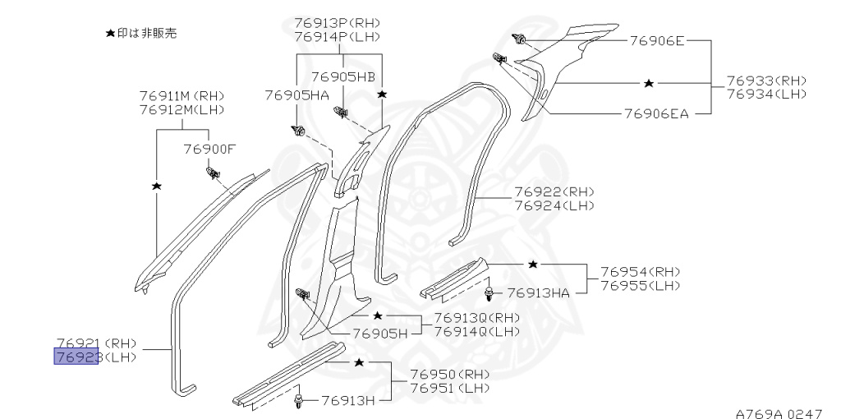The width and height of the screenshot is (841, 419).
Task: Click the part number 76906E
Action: (657, 41)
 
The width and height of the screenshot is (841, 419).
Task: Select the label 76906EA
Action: (656, 113)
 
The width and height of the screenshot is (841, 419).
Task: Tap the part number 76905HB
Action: (343, 76)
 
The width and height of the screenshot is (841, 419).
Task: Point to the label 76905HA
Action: (296, 95)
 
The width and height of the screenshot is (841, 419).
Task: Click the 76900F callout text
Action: (209, 149)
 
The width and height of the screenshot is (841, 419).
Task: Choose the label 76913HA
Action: (539, 293)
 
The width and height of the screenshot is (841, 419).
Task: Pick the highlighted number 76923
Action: (76, 357)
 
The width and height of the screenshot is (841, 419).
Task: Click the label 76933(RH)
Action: (766, 81)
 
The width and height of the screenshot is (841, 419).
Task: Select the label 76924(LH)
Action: (554, 205)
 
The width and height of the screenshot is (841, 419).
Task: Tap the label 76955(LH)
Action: (641, 285)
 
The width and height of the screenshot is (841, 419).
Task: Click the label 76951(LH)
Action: (450, 388)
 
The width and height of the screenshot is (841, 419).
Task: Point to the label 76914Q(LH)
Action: (477, 332)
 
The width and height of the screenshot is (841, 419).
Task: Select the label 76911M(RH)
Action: (182, 96)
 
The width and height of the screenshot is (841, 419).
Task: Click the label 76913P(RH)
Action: (337, 23)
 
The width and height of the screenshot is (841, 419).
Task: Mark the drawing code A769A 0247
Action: (779, 413)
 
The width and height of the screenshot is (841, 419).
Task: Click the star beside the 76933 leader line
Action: (649, 83)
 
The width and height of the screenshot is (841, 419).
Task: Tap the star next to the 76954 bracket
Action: (532, 264)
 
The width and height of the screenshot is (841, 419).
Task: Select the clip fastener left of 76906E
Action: (519, 39)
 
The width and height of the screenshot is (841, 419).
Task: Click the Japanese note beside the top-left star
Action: (146, 33)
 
